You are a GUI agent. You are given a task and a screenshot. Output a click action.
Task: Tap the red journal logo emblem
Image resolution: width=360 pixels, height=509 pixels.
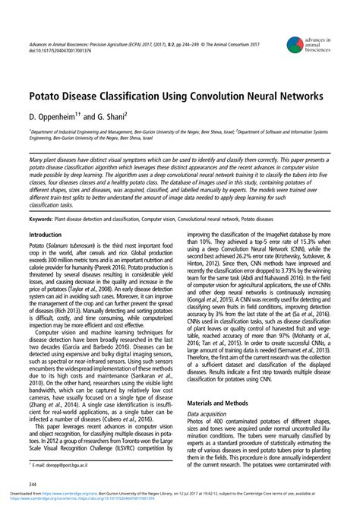(x=290, y=43)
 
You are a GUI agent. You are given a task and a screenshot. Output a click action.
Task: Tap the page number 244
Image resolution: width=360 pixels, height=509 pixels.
(x=33, y=483)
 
